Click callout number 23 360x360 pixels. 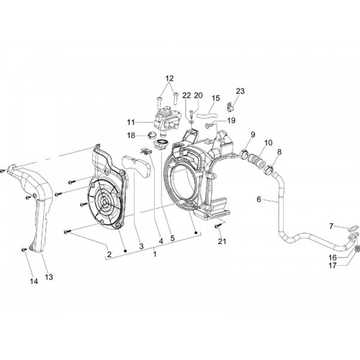coord(240,91)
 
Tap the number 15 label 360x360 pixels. coord(216,98)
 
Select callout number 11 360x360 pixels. coord(131,122)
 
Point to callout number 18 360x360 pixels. coord(131,135)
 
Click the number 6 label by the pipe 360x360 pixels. coord(258,199)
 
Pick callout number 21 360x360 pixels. coord(222,241)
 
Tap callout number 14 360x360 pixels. coord(34,282)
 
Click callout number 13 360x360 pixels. coord(49,277)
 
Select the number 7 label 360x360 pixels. coord(331,226)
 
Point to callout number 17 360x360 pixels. coord(333,266)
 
